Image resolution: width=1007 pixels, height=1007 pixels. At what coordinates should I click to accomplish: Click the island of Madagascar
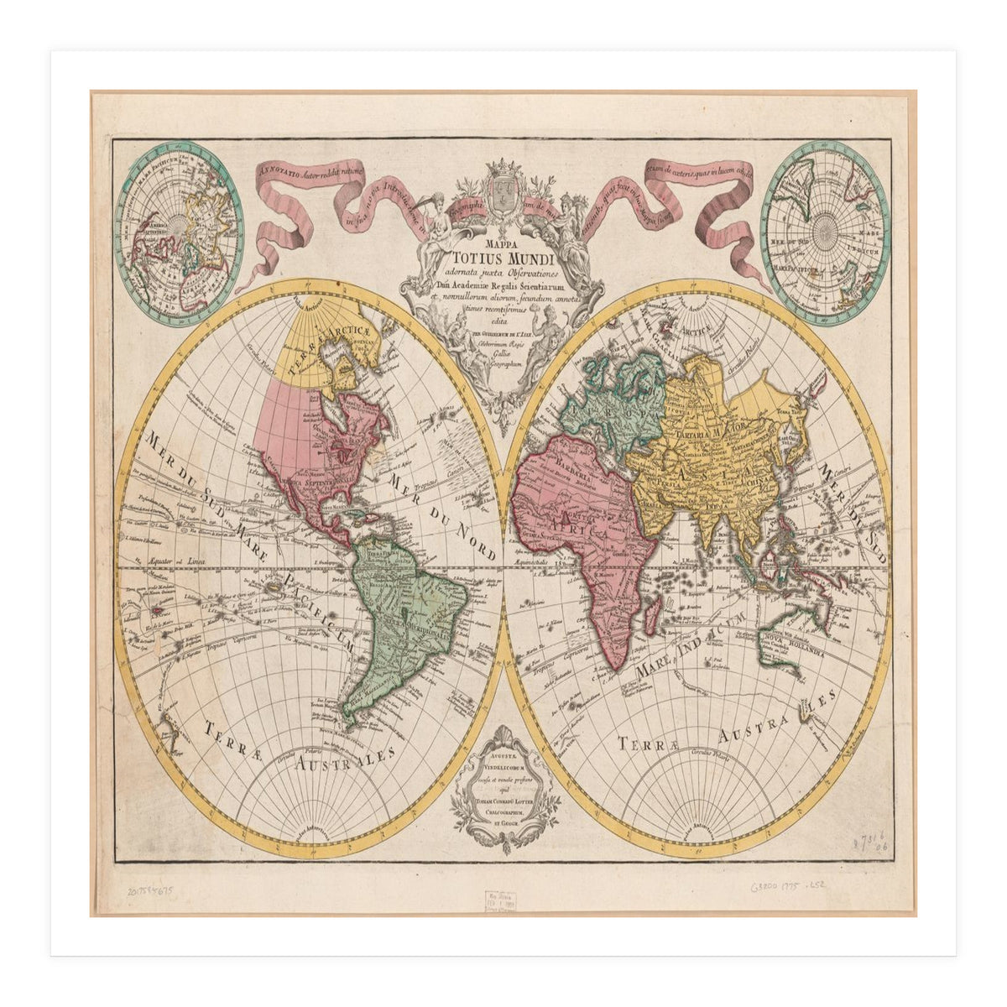tap(650, 618)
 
